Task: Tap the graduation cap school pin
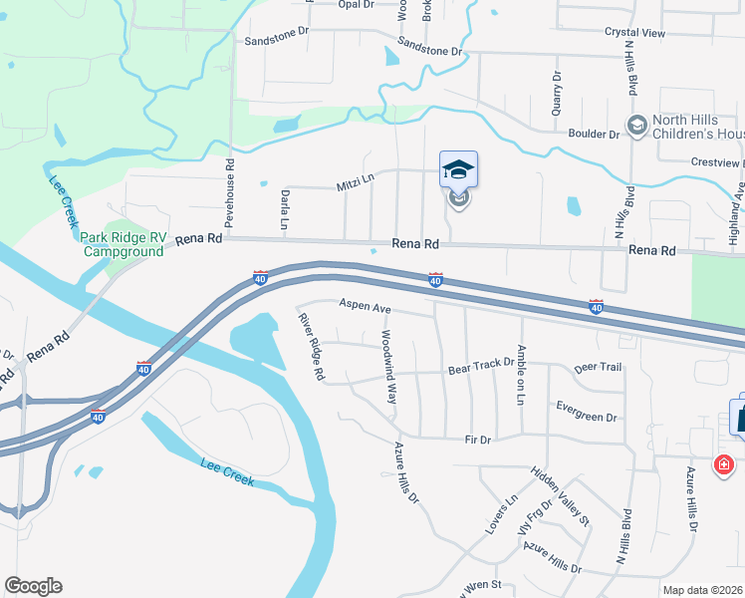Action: [x=458, y=169]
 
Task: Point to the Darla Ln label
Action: [x=284, y=210]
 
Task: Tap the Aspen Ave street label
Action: [x=365, y=307]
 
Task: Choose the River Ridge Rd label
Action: [x=312, y=346]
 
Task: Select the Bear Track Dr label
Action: [x=480, y=369]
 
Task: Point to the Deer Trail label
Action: [x=598, y=368]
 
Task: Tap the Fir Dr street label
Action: [x=478, y=440]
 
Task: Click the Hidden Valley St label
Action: [x=560, y=497]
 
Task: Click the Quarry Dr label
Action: [x=558, y=92]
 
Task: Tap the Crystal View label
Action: [x=634, y=33]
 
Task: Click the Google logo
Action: [x=33, y=586]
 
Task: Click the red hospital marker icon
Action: [x=723, y=464]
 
